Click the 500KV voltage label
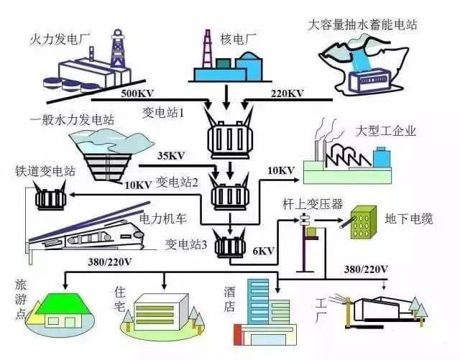click(136, 93)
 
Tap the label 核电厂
click(219, 37)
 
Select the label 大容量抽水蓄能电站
click(362, 25)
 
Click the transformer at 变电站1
click(228, 134)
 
